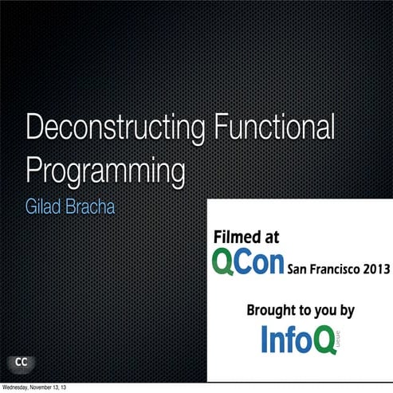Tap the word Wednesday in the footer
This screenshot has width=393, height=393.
(x=18, y=387)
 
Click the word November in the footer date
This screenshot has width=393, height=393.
(x=47, y=387)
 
